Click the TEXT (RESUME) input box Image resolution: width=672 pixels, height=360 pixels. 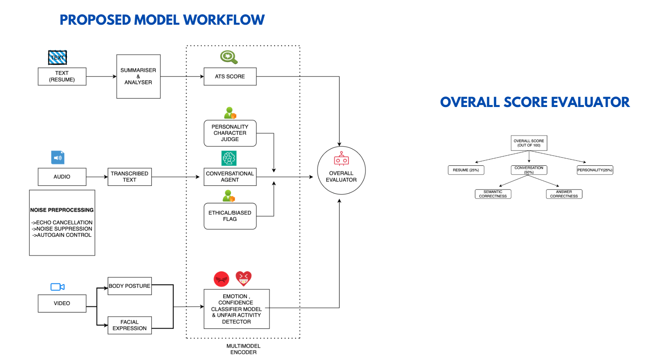click(x=62, y=76)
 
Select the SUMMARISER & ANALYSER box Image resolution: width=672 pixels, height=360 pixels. click(x=138, y=76)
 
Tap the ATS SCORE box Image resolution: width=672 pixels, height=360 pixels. click(x=230, y=76)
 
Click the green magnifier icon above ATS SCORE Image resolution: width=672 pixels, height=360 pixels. click(x=229, y=57)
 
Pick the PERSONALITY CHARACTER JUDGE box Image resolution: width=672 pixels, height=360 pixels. click(x=230, y=133)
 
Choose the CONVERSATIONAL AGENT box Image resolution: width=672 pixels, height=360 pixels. click(x=230, y=177)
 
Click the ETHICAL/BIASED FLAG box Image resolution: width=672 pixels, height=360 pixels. click(x=230, y=216)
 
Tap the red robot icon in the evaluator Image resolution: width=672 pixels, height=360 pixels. click(x=341, y=159)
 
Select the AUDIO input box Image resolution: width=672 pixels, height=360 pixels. click(x=62, y=177)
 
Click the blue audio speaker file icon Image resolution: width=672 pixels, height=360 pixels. click(x=58, y=158)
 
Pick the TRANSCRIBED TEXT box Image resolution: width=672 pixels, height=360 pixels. click(x=129, y=177)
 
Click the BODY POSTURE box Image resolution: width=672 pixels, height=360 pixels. click(x=129, y=286)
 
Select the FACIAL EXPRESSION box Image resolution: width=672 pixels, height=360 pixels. click(x=129, y=325)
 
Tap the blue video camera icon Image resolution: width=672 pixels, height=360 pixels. click(x=58, y=287)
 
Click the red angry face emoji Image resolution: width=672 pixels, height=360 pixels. click(x=221, y=279)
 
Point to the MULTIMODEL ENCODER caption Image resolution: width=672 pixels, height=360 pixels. click(x=243, y=349)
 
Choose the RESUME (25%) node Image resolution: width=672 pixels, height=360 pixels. click(x=466, y=170)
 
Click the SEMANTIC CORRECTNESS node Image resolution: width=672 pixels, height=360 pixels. click(x=493, y=194)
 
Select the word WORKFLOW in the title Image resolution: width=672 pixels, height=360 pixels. click(x=224, y=20)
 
